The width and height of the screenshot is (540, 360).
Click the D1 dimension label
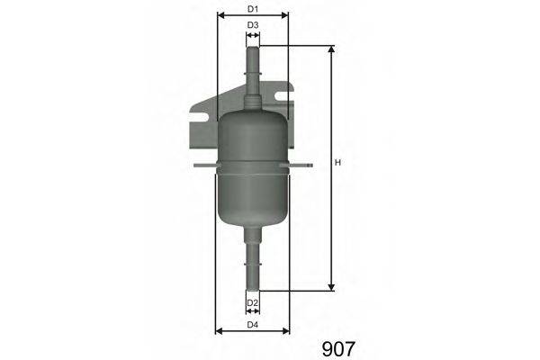(x=253, y=9)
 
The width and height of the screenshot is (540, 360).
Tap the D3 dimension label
(x=253, y=24)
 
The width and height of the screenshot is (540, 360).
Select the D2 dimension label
(x=253, y=302)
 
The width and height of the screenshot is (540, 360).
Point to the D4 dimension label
(x=253, y=323)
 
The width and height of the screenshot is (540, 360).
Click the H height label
(x=337, y=163)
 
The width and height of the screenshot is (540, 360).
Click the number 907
(x=338, y=346)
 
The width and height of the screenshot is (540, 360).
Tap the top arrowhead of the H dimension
(x=331, y=49)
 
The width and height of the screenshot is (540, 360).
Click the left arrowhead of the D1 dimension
(x=220, y=15)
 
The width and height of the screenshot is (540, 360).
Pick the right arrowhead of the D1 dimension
(x=285, y=15)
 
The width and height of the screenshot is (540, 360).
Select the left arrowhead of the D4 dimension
(x=220, y=330)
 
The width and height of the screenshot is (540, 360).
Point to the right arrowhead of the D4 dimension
(x=286, y=330)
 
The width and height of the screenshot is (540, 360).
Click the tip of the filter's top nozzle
(x=253, y=46)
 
